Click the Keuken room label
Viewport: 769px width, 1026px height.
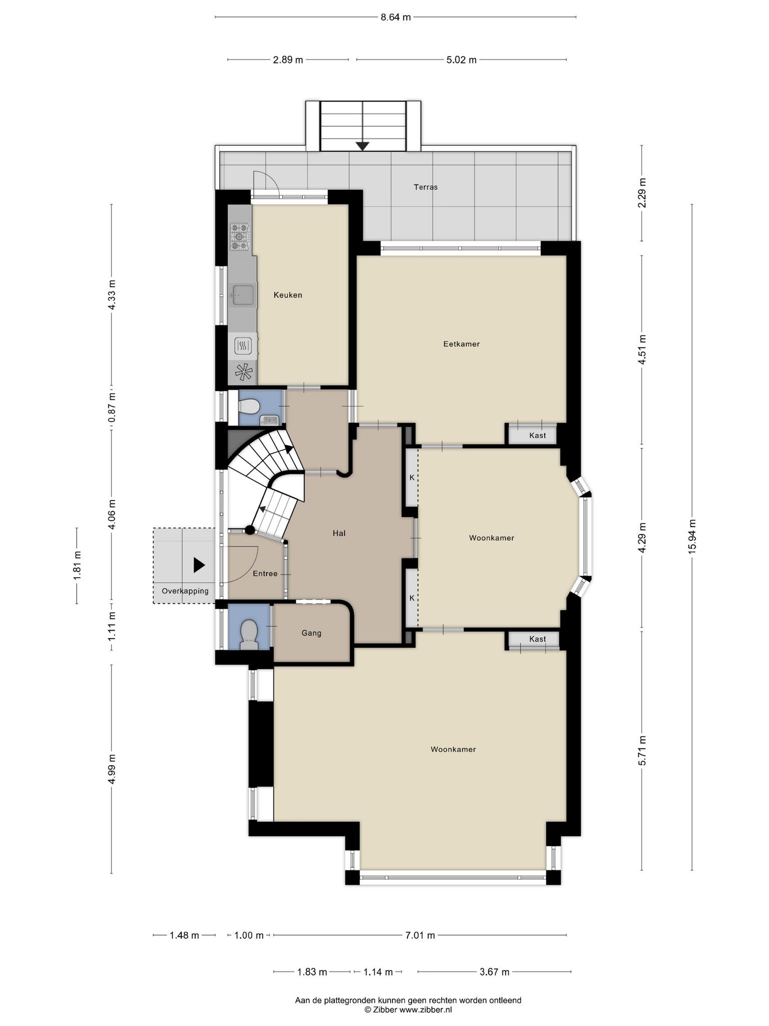288,295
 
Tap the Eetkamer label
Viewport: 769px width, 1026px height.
462,344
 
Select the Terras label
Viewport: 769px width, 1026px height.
426,187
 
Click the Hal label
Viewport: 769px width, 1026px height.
339,534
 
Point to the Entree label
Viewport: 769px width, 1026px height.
265,574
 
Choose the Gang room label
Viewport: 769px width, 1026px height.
311,633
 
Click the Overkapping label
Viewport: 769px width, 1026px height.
185,591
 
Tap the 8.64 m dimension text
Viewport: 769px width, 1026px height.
396,17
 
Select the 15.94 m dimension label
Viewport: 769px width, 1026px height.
692,536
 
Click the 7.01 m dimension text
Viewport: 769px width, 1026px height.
420,935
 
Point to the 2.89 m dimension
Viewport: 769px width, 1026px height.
288,60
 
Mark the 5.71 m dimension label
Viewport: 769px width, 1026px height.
642,750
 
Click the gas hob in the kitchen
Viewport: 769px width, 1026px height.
239,236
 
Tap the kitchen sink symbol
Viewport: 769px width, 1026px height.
242,295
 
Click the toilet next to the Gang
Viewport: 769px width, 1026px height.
249,635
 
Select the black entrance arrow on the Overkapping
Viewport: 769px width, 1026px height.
199,566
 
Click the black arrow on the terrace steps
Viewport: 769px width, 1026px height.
362,146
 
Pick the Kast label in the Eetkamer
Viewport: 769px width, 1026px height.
538,436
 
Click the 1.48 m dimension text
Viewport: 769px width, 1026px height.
184,935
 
